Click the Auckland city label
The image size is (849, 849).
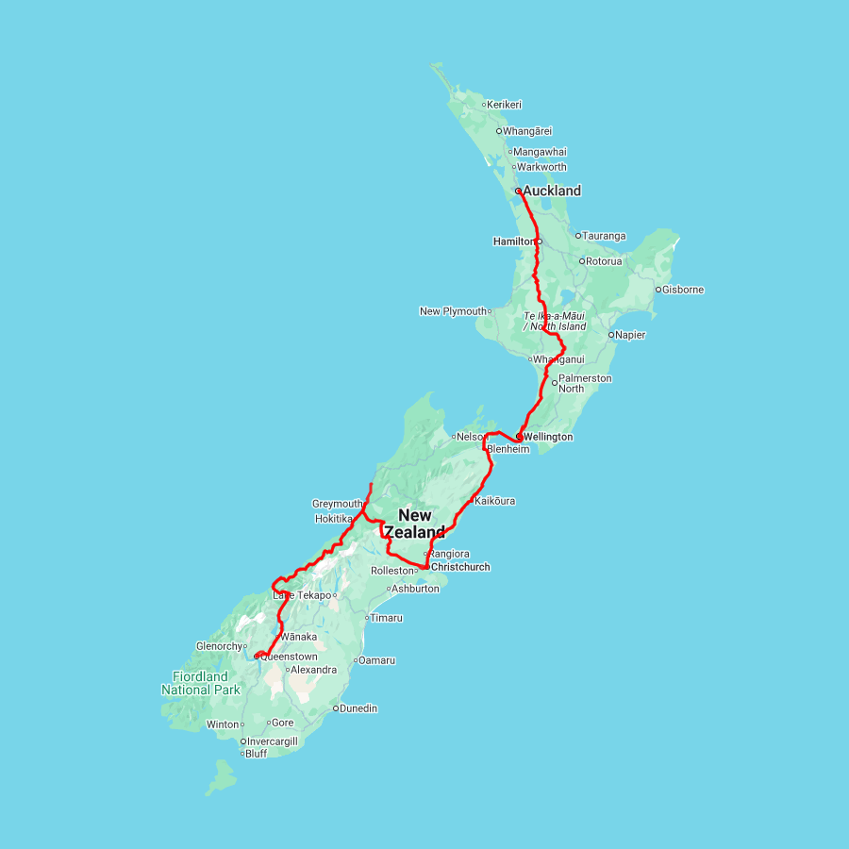click(552, 191)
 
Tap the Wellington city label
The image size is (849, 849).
click(547, 437)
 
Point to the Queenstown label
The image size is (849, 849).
click(290, 657)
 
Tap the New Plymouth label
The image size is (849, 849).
click(453, 311)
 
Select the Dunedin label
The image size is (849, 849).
click(358, 707)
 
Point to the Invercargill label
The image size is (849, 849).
click(273, 741)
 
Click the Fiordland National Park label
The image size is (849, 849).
click(200, 683)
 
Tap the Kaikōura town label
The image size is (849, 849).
click(495, 501)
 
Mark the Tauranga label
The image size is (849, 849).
click(605, 236)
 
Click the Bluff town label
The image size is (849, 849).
click(256, 754)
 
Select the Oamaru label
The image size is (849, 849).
click(377, 660)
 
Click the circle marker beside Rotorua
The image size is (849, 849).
click(581, 261)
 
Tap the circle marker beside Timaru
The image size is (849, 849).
click(366, 618)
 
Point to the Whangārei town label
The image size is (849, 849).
click(528, 131)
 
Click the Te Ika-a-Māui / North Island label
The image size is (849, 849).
click(555, 321)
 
